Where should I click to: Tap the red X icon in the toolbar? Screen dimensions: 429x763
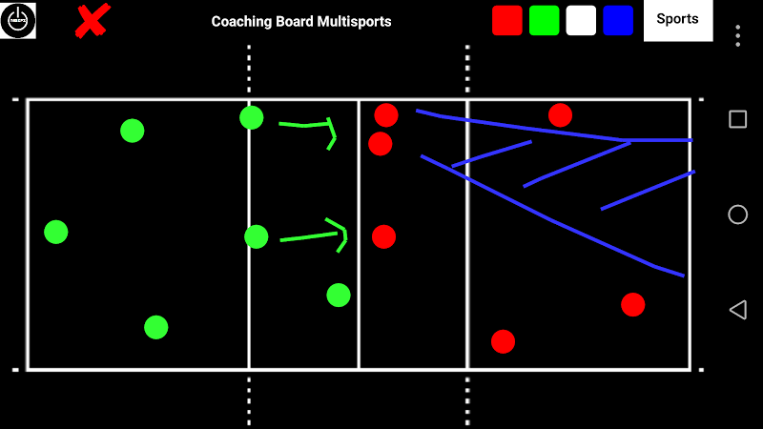pyautogui.click(x=92, y=21)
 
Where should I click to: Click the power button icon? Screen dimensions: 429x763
pyautogui.click(x=17, y=21)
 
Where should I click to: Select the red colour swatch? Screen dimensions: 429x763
pyautogui.click(x=507, y=21)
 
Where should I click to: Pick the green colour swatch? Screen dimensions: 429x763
pyautogui.click(x=544, y=21)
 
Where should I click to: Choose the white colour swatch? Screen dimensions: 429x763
pyautogui.click(x=581, y=21)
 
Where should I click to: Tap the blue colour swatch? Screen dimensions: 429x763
pyautogui.click(x=618, y=21)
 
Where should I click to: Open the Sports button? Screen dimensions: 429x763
pyautogui.click(x=678, y=20)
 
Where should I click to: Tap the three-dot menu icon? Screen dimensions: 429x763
pyautogui.click(x=737, y=35)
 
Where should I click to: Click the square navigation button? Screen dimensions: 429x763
pyautogui.click(x=737, y=119)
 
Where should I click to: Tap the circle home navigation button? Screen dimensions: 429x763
pyautogui.click(x=737, y=214)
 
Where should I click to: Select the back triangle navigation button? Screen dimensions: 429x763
pyautogui.click(x=736, y=310)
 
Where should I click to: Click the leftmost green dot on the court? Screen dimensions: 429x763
pyautogui.click(x=56, y=232)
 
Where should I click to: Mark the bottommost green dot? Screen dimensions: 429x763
pyautogui.click(x=156, y=327)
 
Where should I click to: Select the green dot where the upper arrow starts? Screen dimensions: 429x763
pyautogui.click(x=252, y=117)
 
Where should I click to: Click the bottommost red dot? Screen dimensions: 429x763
pyautogui.click(x=504, y=341)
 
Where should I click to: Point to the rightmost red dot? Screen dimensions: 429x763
pyautogui.click(x=633, y=305)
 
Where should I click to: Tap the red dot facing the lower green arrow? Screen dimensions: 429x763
pyautogui.click(x=383, y=236)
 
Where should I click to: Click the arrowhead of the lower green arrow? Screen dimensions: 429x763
pyautogui.click(x=340, y=235)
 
